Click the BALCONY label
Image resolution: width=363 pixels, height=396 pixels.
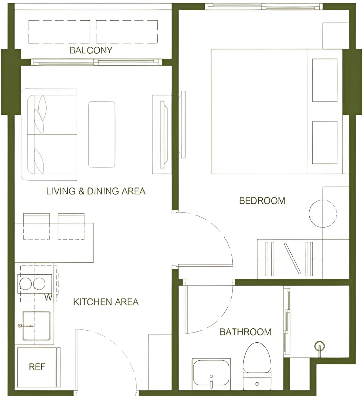pyautogui.click(x=91, y=50)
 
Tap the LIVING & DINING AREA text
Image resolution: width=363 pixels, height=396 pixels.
pyautogui.click(x=96, y=191)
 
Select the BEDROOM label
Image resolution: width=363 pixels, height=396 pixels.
pyautogui.click(x=262, y=201)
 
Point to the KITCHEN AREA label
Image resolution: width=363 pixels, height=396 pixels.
pyautogui.click(x=106, y=302)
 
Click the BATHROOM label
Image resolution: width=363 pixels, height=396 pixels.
pyautogui.click(x=245, y=332)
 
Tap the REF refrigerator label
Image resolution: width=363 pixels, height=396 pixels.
pyautogui.click(x=37, y=367)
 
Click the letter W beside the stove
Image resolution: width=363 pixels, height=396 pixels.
pyautogui.click(x=48, y=297)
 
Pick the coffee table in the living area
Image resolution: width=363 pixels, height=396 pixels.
pyautogui.click(x=102, y=135)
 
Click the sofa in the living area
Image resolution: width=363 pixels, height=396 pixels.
pyautogui.click(x=49, y=135)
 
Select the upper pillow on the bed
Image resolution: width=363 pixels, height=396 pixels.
pyautogui.click(x=325, y=80)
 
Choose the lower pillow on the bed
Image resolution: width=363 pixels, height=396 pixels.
pyautogui.click(x=325, y=143)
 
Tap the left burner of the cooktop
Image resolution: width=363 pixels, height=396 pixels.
pyautogui.click(x=25, y=284)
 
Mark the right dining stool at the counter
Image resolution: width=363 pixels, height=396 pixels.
pyautogui.click(x=71, y=226)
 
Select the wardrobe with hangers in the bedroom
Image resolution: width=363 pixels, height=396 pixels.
pyautogui.click(x=290, y=259)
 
